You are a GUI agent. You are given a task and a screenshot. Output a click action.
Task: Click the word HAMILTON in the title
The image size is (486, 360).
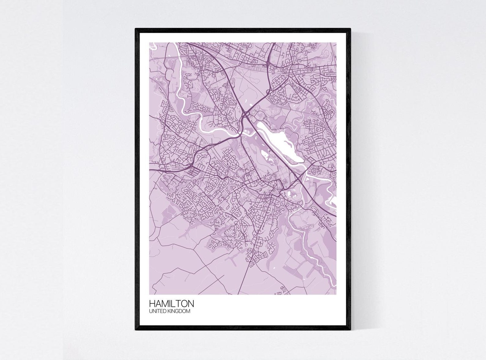[171, 303]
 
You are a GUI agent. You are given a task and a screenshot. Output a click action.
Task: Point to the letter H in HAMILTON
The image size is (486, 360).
[152, 303]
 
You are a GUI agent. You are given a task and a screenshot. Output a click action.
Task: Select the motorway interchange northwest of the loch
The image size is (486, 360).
[246, 114]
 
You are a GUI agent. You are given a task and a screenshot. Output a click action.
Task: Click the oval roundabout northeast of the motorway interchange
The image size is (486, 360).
[268, 91]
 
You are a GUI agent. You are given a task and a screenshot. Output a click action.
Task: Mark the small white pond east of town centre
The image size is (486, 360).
[291, 193]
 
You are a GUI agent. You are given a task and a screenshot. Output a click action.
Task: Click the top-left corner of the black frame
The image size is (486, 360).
[136, 29]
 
